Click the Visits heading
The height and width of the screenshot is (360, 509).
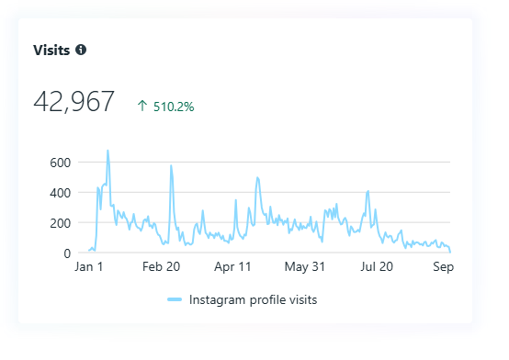pyautogui.click(x=51, y=50)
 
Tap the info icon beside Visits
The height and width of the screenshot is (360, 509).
pyautogui.click(x=81, y=50)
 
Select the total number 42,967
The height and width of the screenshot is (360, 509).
pyautogui.click(x=74, y=102)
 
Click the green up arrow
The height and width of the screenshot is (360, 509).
pyautogui.click(x=141, y=106)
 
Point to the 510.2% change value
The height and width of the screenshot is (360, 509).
pyautogui.click(x=174, y=106)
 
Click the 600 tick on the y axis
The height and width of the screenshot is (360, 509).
pyautogui.click(x=60, y=163)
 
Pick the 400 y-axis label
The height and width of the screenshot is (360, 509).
pyautogui.click(x=60, y=193)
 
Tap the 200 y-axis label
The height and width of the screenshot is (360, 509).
pyautogui.click(x=60, y=223)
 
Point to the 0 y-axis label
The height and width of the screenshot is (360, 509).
pyautogui.click(x=66, y=253)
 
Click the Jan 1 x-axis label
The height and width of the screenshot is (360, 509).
pyautogui.click(x=89, y=267)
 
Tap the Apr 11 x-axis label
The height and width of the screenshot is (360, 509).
pyautogui.click(x=232, y=267)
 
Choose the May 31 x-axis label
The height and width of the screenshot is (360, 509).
pyautogui.click(x=305, y=267)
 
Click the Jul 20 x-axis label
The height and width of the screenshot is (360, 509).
pyautogui.click(x=377, y=267)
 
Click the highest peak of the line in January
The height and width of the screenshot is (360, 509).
pyautogui.click(x=107, y=151)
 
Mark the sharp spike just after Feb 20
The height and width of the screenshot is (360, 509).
pyautogui.click(x=171, y=166)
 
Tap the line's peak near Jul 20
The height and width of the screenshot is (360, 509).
pyautogui.click(x=368, y=192)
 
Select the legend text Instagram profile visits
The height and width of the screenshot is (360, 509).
pyautogui.click(x=253, y=299)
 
